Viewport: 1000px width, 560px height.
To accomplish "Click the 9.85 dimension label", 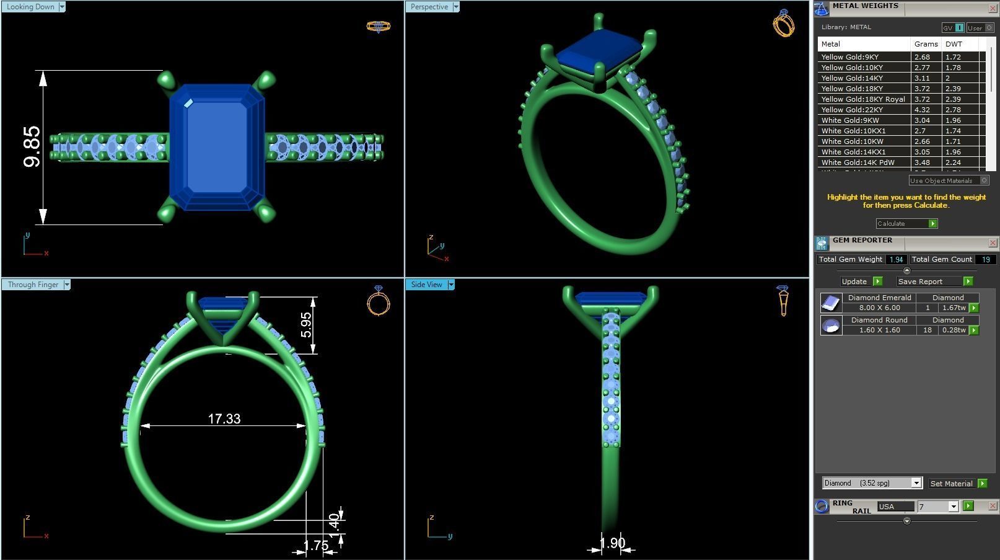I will [x=32, y=147].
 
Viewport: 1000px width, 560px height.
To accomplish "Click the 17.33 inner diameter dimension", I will [x=224, y=419].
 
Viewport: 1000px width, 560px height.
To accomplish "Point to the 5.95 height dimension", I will [x=306, y=325].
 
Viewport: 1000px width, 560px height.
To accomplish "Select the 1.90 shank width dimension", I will [x=612, y=543].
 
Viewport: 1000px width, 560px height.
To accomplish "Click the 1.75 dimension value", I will [x=316, y=546].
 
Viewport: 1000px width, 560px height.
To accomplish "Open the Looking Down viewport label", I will [x=31, y=7].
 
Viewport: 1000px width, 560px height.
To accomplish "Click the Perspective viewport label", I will [x=429, y=7].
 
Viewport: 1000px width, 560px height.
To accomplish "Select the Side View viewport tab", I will [x=427, y=285].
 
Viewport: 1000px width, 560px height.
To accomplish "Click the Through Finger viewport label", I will [x=33, y=285].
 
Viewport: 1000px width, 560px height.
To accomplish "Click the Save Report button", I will [x=920, y=282].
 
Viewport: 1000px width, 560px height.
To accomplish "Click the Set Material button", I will [x=951, y=484].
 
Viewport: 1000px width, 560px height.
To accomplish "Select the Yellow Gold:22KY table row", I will [x=864, y=110].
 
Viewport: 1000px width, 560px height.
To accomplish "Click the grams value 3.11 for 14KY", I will [x=922, y=78].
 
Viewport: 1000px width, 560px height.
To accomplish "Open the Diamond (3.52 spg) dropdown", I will [x=872, y=483].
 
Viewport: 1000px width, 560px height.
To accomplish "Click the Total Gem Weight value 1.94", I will [x=895, y=260].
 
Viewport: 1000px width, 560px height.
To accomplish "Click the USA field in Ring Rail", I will [x=895, y=507].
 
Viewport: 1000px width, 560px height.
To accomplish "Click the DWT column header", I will [x=954, y=44].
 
